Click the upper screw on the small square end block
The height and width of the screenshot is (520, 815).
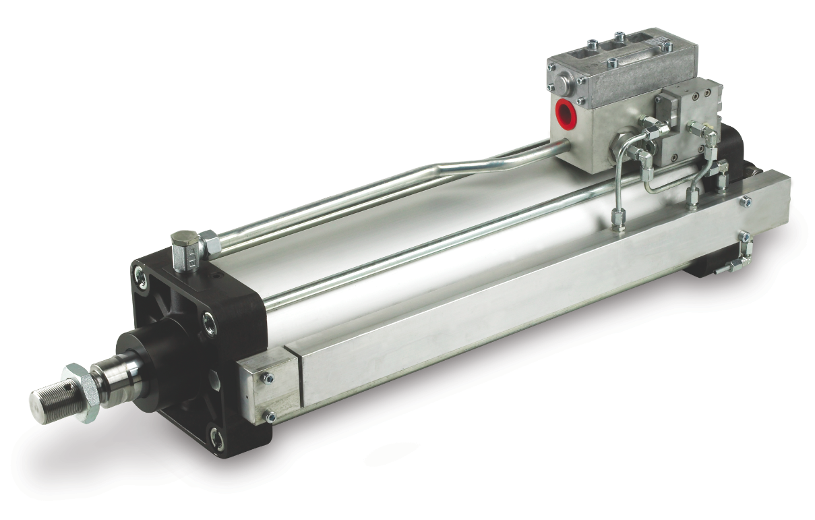(268, 378)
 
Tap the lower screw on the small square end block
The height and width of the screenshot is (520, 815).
(270, 417)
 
